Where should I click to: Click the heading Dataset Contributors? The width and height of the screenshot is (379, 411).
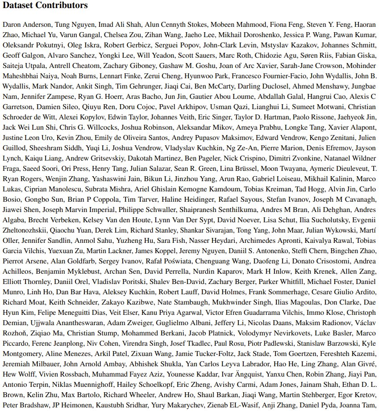pyautogui.click(x=45, y=6)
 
